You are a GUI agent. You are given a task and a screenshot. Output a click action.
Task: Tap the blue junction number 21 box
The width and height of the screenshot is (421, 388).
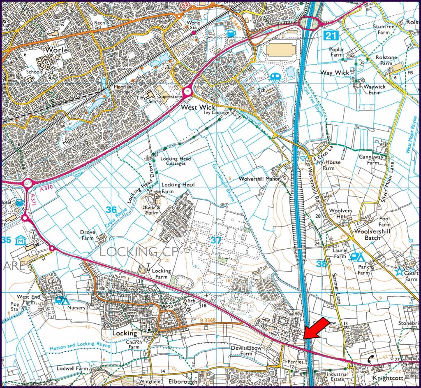coord(330,35)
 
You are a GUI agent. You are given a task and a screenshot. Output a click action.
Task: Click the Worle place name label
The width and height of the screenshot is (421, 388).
coord(56,49)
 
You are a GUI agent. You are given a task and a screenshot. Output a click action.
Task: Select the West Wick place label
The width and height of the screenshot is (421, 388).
coord(198,107)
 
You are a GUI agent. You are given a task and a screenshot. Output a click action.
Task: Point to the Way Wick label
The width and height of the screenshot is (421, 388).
coord(335,72)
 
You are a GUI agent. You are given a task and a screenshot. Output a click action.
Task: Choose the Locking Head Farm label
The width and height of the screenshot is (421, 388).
coord(178,188)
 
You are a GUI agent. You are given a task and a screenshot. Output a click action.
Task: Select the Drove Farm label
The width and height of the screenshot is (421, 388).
coord(88,235)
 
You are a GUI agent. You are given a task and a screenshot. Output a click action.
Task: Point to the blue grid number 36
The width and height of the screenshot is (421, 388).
coord(111,210)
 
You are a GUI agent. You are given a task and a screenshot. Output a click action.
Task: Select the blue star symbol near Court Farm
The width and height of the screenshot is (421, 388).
coord(399,271)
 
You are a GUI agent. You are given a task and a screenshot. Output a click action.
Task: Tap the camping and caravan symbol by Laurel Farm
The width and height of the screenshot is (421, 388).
coord(357,257)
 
